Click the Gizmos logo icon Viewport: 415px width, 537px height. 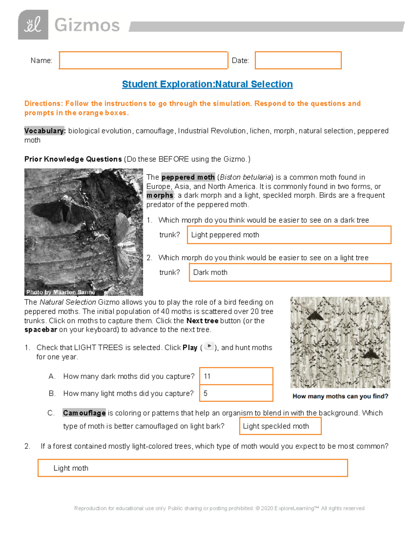[33, 25]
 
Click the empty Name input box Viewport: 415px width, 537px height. [143, 61]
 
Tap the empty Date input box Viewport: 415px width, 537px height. [298, 61]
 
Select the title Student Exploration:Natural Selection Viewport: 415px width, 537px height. [207, 84]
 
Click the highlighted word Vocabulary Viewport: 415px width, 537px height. [45, 131]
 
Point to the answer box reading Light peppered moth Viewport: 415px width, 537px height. [289, 235]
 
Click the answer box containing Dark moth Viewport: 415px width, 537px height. [290, 272]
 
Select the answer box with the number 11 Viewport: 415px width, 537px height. [236, 376]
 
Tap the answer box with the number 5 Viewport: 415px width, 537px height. [236, 393]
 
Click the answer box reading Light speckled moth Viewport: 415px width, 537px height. [280, 426]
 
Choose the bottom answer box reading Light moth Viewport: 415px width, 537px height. [193, 468]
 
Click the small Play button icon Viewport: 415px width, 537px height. [209, 346]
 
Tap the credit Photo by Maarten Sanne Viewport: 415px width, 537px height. [61, 292]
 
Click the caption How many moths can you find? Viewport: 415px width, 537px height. [340, 396]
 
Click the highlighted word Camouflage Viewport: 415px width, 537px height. [84, 413]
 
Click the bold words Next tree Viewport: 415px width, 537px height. [202, 321]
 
